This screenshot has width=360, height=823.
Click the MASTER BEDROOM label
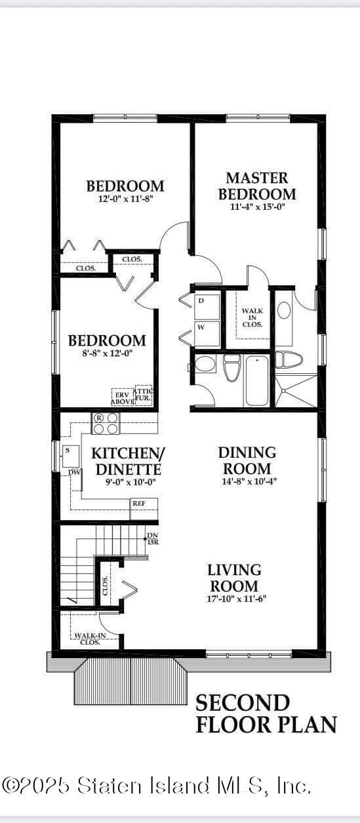256,186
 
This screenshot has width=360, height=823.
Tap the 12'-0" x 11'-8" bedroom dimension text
125,197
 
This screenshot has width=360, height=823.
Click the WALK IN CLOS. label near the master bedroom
252,317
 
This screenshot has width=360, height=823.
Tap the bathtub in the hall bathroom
256,380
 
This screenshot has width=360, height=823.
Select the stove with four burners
106,423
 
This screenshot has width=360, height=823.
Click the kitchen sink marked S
71,453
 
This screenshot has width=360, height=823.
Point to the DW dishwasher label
74,472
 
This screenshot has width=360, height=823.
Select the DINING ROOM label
247,460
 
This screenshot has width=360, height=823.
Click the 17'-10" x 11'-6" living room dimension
234,598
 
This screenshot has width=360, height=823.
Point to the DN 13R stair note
152,539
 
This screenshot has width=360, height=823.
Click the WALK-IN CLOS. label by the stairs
87,638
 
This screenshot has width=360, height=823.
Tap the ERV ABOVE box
122,397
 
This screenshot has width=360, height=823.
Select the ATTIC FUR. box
144,395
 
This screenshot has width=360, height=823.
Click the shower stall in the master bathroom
296,391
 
